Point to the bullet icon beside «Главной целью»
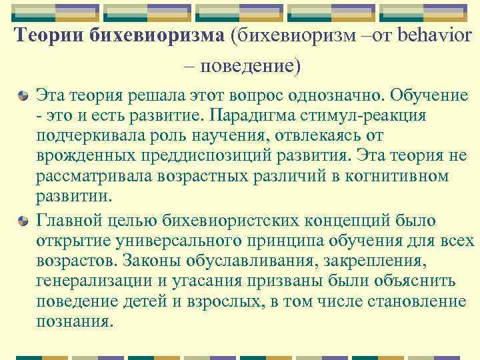click(23, 219)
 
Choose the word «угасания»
click(217, 280)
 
